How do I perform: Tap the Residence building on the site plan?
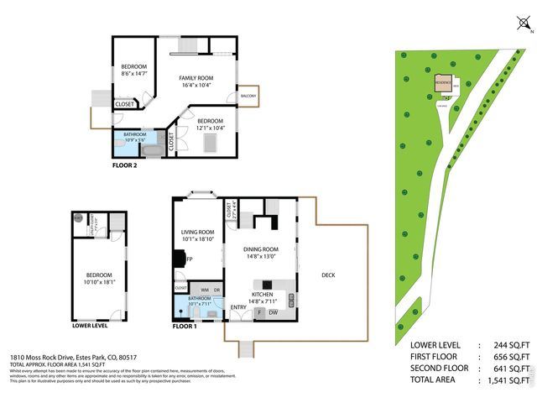click(x=443, y=84)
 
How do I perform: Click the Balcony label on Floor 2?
click(x=248, y=97)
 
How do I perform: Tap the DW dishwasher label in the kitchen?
click(x=274, y=312)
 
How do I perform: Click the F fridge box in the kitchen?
click(x=259, y=312)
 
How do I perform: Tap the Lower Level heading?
click(x=90, y=325)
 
